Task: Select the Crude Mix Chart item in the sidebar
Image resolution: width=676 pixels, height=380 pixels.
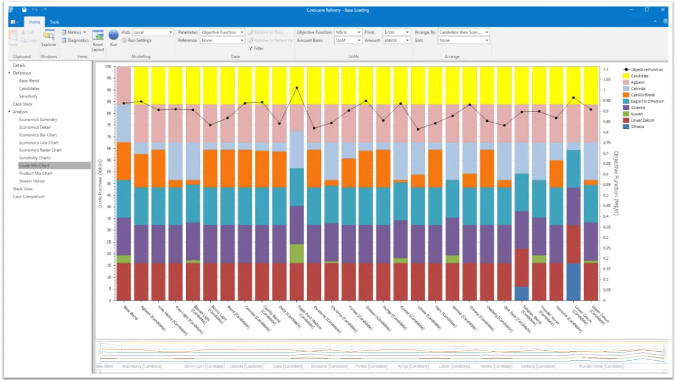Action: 34,166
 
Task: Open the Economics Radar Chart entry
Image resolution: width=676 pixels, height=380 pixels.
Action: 40,150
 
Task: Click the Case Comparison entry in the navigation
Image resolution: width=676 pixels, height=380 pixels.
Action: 29,196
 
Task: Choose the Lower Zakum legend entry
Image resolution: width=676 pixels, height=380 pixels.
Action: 641,120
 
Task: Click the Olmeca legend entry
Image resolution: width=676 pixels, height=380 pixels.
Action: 637,127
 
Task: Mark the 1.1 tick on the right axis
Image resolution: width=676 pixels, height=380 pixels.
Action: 606,69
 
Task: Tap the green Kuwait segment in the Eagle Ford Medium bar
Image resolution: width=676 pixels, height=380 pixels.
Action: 296,253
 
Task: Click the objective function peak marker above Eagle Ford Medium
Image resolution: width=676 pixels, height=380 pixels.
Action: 297,88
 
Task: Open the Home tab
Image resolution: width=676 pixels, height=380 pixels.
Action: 34,22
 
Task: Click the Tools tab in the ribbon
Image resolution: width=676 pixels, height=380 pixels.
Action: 54,22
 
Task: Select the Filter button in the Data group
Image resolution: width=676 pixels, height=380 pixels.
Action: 256,48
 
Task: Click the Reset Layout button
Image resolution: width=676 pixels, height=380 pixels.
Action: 98,41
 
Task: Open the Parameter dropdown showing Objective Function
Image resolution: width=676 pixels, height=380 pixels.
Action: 223,33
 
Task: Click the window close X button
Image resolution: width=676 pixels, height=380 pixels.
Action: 662,10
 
